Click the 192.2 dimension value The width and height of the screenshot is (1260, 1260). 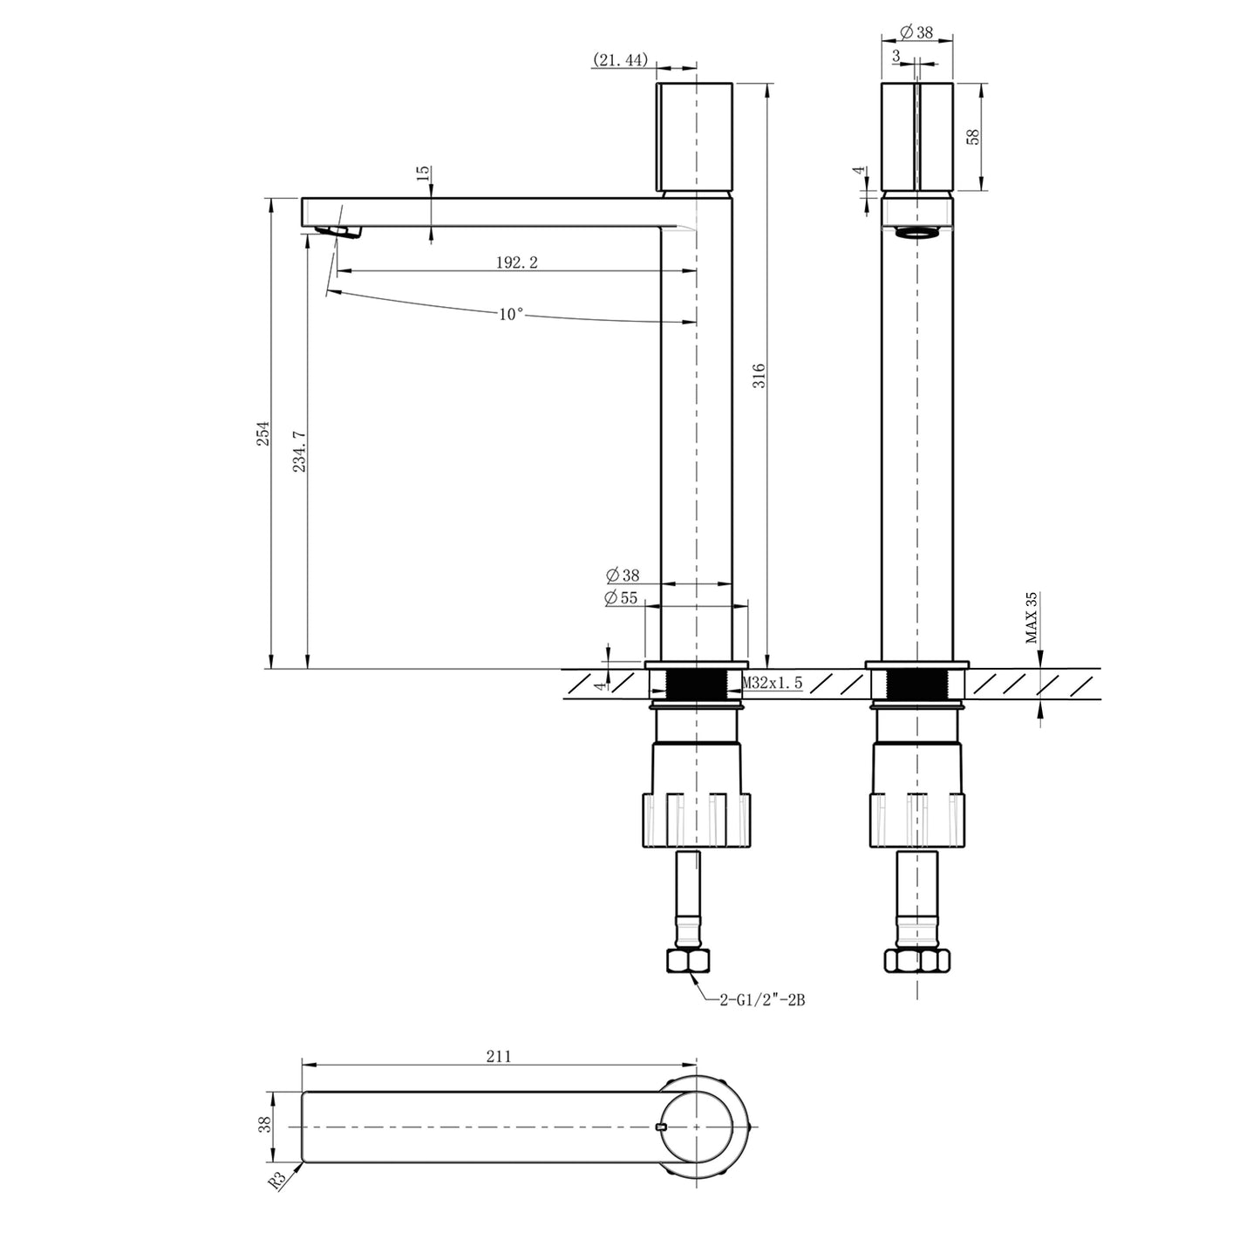click(x=517, y=263)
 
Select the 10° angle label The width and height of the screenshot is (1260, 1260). click(x=511, y=315)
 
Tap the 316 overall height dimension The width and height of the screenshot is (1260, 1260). click(x=759, y=376)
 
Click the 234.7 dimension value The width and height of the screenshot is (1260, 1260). click(x=299, y=452)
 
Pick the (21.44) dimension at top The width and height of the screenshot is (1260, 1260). click(x=620, y=59)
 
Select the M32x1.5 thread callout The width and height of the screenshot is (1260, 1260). click(x=772, y=684)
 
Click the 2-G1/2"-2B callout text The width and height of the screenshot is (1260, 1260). click(x=762, y=1001)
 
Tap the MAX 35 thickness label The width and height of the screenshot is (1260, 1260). click(x=1032, y=617)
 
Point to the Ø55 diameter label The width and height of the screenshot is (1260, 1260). click(x=622, y=597)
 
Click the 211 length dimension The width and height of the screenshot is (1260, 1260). click(x=498, y=1056)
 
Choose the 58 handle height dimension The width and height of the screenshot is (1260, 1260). click(x=974, y=136)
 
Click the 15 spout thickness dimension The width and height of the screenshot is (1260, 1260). click(x=423, y=173)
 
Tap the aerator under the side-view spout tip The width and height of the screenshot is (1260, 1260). click(x=338, y=230)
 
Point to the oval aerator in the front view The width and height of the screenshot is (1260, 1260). click(x=916, y=232)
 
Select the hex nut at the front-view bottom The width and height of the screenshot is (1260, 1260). click(x=916, y=961)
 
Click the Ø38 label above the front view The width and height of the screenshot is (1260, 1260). click(x=916, y=32)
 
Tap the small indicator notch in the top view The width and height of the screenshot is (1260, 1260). click(x=660, y=1127)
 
